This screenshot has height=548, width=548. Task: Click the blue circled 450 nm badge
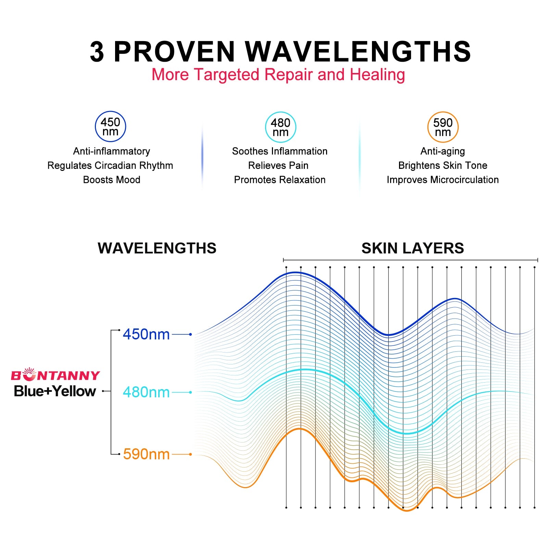point(110,126)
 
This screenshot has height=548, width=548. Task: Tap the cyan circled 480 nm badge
point(281,127)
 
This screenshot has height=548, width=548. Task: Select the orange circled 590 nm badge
point(443,127)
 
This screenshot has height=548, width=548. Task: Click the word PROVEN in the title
point(174,52)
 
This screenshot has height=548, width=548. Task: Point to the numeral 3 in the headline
point(97,52)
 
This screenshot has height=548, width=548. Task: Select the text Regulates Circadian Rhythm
point(110,165)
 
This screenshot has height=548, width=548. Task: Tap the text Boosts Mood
point(112,180)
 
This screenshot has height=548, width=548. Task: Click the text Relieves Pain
point(278,165)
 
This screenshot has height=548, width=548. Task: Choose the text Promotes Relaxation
point(280,180)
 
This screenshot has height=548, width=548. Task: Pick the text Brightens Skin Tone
point(443,165)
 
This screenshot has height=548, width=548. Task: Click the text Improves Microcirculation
point(443,180)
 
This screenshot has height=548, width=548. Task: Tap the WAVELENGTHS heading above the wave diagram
point(157,248)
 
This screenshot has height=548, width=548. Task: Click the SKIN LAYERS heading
point(413,248)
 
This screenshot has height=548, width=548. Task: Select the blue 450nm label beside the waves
point(146,334)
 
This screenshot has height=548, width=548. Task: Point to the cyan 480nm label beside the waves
point(146,392)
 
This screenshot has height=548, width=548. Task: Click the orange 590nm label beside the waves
point(146,454)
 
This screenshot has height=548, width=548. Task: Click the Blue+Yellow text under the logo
point(55,391)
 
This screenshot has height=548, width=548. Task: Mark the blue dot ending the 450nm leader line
point(190,334)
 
